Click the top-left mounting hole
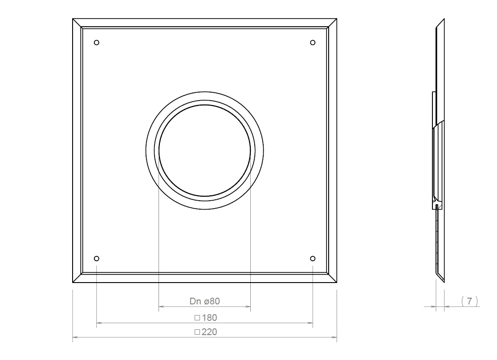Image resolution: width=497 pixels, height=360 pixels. coord(97,43)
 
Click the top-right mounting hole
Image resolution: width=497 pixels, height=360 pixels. coord(313,42)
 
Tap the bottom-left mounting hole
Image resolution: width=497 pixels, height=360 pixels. coord(97,259)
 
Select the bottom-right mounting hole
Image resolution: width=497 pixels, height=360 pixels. coord(313,259)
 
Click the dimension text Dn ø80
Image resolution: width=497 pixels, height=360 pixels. coord(205,301)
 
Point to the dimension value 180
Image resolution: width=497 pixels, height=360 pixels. coord(209,318)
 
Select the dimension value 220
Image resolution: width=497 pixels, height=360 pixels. coord(209,332)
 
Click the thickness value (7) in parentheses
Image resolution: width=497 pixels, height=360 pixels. coord(469,301)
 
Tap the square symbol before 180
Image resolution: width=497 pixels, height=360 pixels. coord(197,318)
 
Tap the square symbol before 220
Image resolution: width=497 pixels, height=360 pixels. coord(197,332)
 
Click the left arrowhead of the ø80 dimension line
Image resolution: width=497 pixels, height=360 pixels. coord(162,307)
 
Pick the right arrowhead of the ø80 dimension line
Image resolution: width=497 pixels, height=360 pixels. coord(248,307)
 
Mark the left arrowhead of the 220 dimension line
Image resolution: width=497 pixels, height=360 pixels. coord(75,338)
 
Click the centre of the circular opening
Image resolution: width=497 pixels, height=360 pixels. coord(205,150)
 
